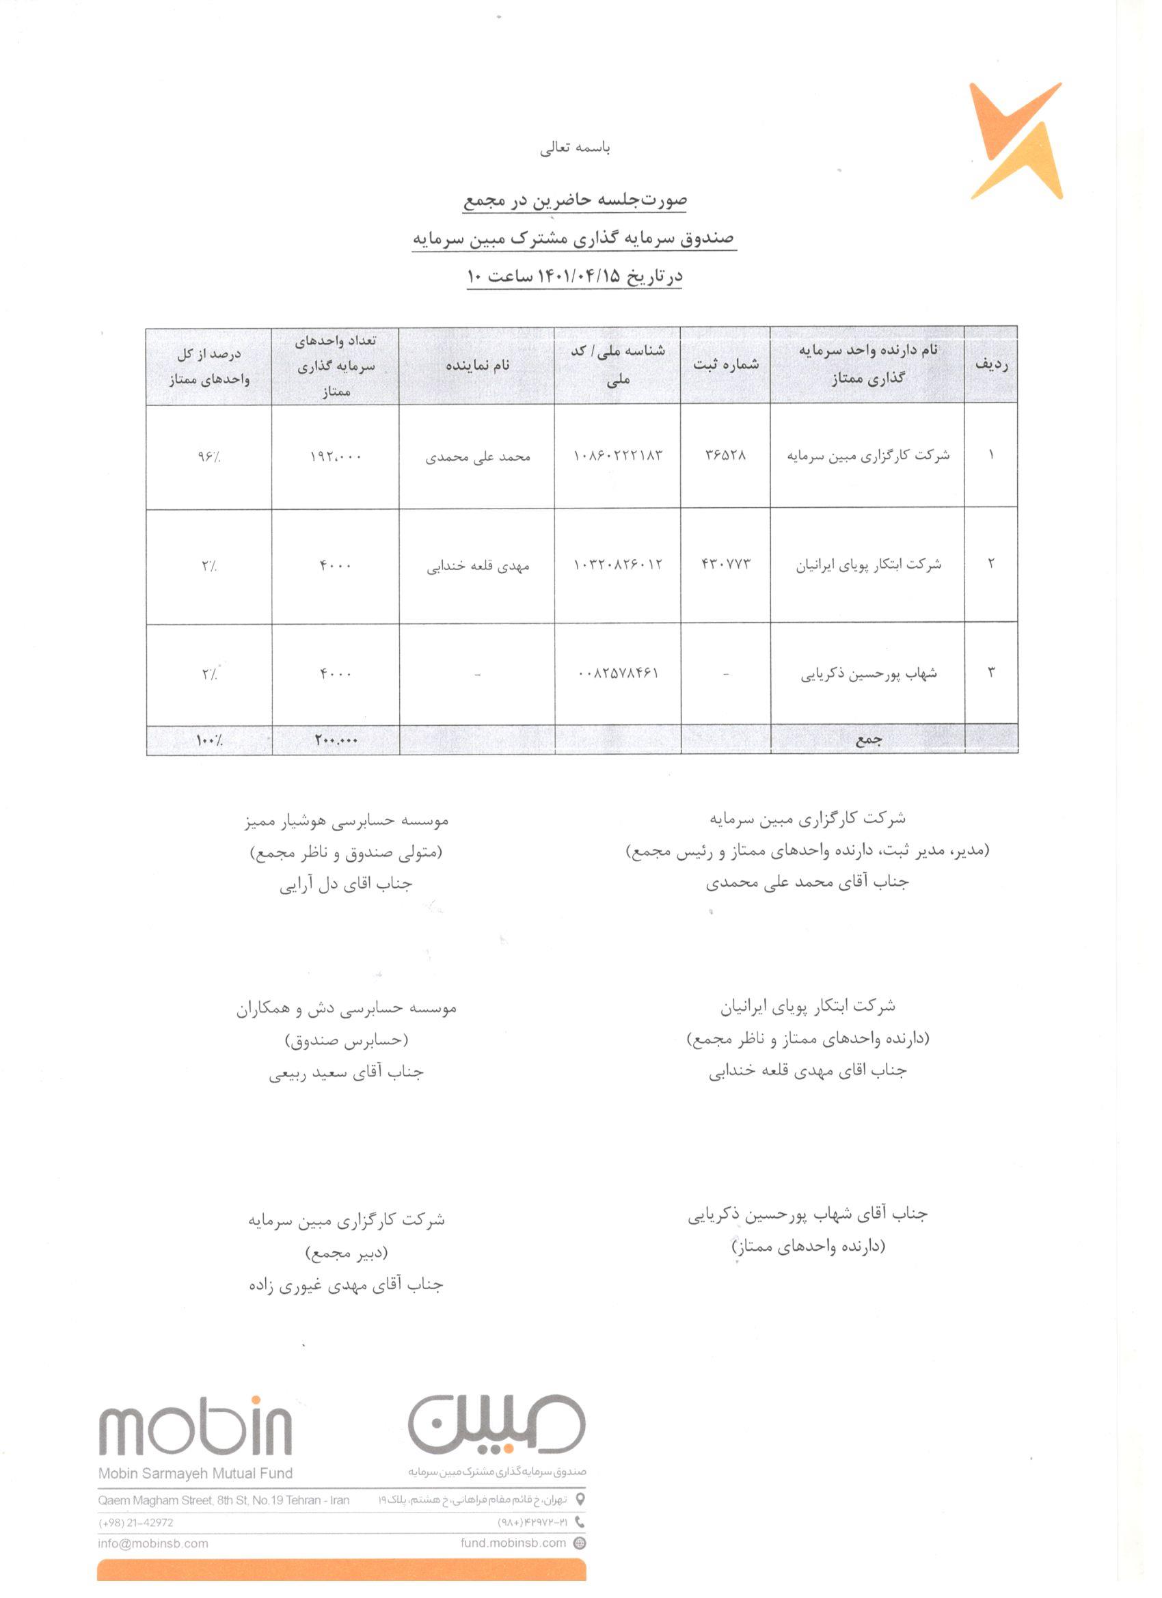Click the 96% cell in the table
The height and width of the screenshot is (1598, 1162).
(x=208, y=457)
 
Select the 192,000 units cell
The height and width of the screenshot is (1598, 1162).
(x=336, y=457)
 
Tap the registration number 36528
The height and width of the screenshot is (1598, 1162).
(x=725, y=455)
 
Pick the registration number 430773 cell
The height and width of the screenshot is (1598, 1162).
(x=725, y=564)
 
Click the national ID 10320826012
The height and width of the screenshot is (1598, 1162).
(x=618, y=565)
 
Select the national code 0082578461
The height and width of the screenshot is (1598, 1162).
(x=618, y=673)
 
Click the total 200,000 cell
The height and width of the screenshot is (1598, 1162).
(x=336, y=740)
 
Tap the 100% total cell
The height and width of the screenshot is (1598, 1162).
(x=208, y=740)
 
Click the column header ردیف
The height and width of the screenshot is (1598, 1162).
(x=990, y=364)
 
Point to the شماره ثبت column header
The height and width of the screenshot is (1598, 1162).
(x=725, y=364)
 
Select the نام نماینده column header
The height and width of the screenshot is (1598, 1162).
(x=476, y=364)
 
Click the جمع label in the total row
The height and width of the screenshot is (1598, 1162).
(x=867, y=740)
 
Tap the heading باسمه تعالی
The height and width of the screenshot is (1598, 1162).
(x=575, y=148)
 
